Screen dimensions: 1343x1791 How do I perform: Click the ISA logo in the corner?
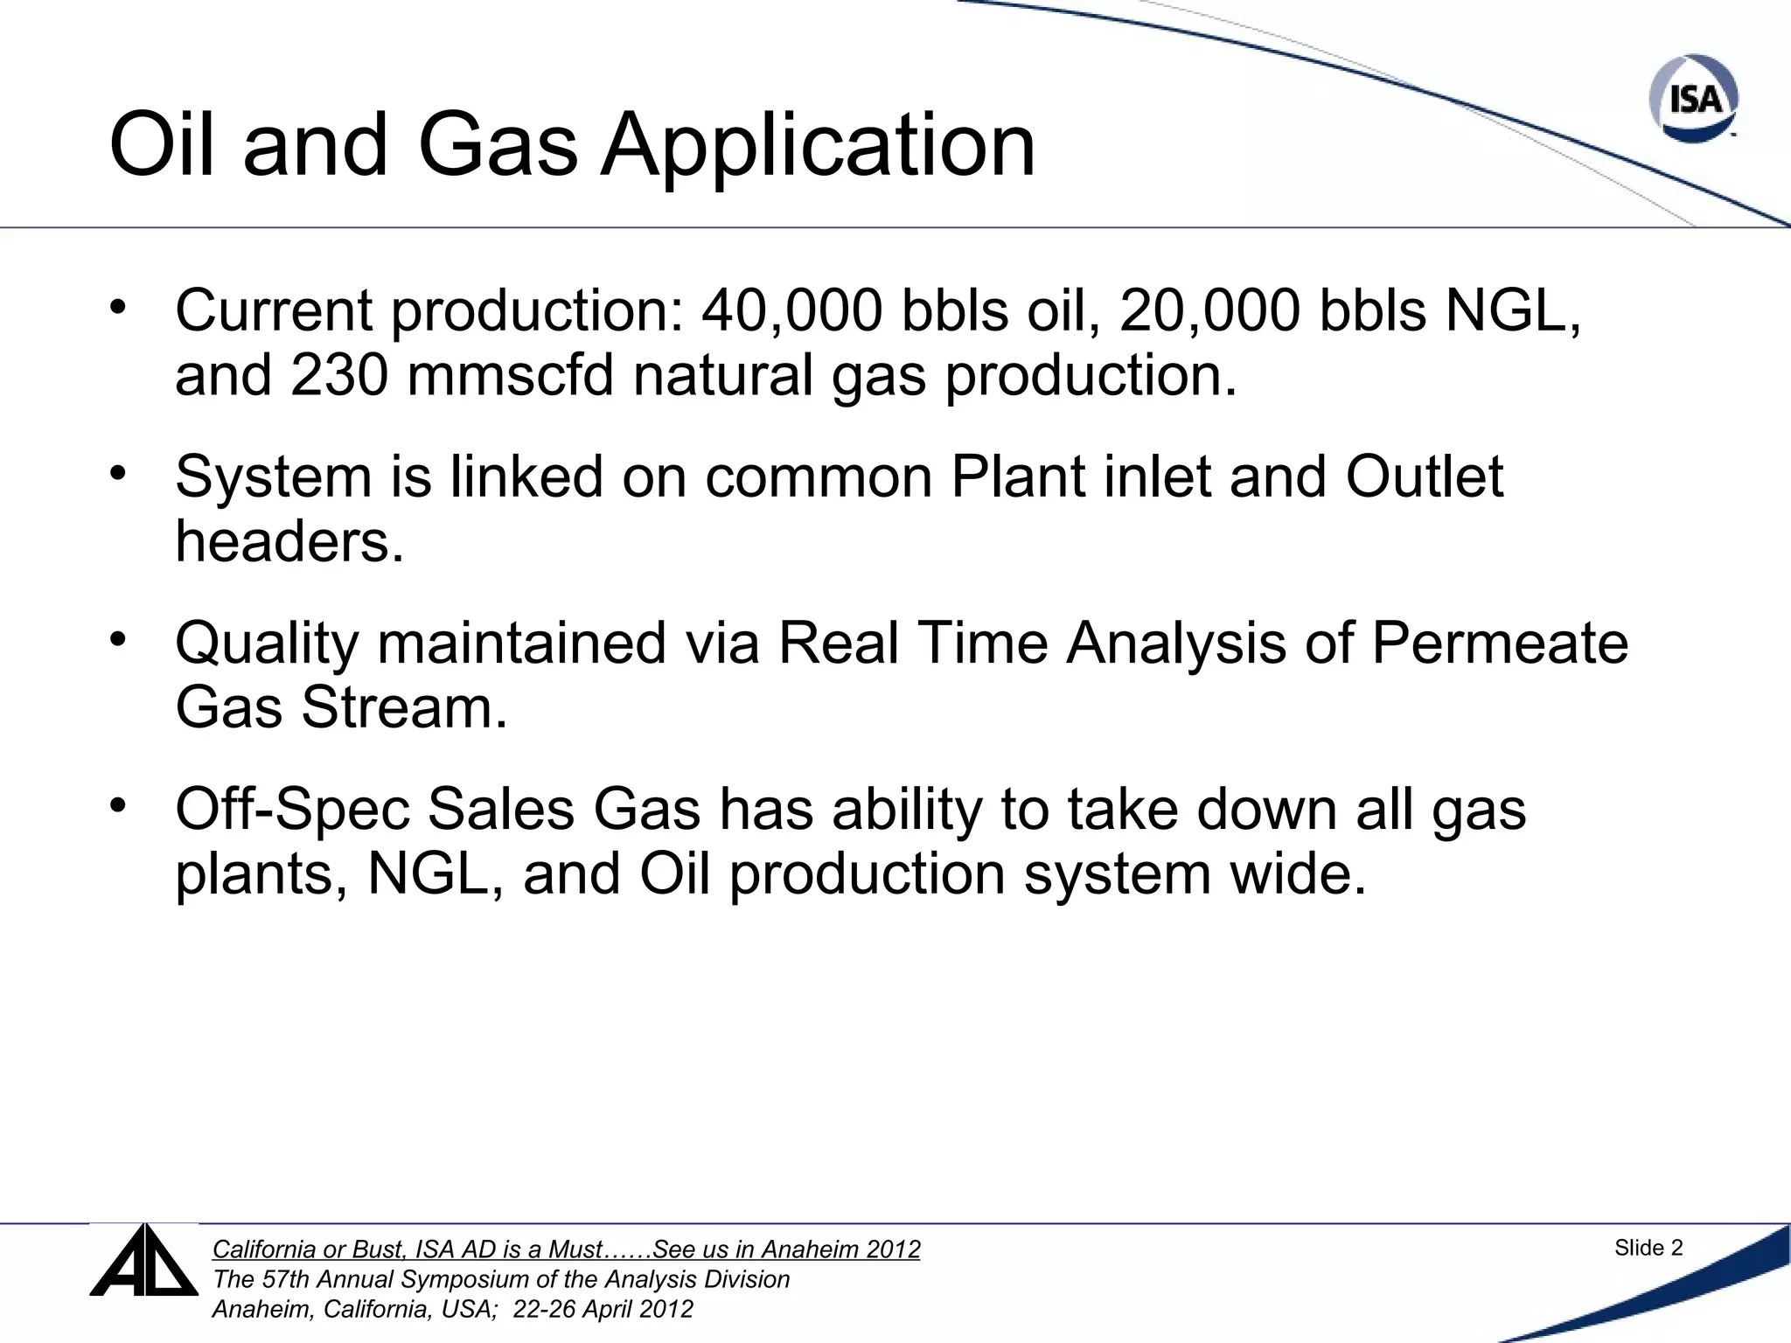tap(1694, 99)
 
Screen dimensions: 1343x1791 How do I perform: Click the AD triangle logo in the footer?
tap(144, 1262)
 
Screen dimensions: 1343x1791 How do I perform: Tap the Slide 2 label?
tap(1648, 1248)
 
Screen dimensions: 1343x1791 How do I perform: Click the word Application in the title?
tap(818, 145)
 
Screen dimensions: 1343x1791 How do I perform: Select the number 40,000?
tap(791, 311)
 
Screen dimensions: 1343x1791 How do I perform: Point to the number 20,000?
tap(1209, 311)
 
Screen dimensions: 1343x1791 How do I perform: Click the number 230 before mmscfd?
tap(339, 375)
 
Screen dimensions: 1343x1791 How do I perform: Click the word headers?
tap(289, 541)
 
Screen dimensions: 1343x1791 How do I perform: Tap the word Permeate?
tap(1499, 644)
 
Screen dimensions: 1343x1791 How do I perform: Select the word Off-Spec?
tap(292, 810)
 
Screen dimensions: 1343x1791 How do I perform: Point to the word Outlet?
tap(1424, 477)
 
